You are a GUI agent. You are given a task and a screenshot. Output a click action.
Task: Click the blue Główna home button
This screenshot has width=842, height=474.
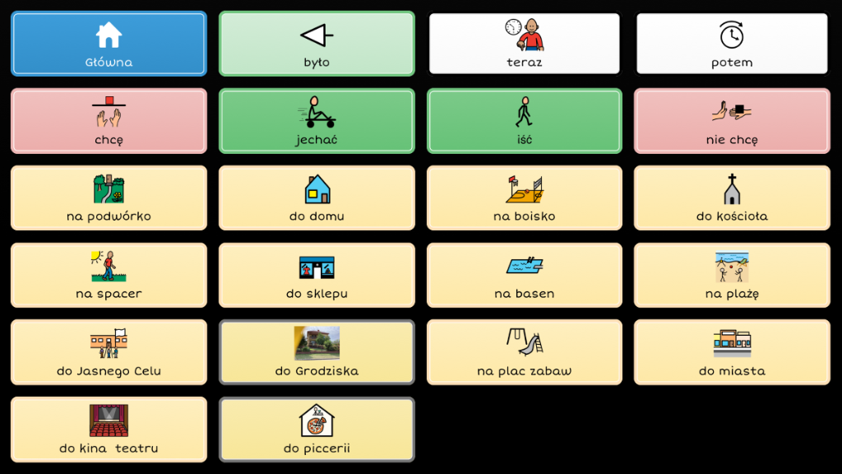coord(109,44)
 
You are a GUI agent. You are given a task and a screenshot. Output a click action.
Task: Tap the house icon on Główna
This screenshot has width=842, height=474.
coord(109,35)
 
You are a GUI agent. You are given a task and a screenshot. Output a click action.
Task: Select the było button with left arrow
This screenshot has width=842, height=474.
coord(317,44)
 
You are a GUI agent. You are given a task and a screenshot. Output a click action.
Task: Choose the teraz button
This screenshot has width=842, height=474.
coord(525,44)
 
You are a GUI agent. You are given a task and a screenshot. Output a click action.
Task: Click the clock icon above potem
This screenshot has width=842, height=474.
coord(731,35)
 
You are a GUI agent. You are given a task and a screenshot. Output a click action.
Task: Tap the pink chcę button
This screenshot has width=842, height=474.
coord(109,121)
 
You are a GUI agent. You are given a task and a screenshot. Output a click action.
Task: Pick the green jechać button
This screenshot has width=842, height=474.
coord(317,121)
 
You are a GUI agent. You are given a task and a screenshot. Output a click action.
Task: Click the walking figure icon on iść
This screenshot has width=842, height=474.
coord(524,111)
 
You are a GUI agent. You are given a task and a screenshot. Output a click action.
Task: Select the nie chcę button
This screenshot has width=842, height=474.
coord(732,121)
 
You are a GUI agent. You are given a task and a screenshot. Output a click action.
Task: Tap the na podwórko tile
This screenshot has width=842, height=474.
coord(109,198)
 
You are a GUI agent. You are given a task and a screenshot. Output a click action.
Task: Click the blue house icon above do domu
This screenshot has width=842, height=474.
coord(317,189)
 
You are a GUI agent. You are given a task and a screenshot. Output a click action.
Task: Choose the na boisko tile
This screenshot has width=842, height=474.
coord(525,198)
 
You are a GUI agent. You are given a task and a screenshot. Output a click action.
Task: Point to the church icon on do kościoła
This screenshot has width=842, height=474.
coord(731,189)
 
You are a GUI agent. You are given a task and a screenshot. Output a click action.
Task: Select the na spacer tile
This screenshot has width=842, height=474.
coord(109,276)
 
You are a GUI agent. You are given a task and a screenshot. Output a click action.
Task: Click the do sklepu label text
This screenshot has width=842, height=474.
coord(317,294)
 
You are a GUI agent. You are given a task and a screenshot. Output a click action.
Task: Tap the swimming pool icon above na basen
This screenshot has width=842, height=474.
coord(525,266)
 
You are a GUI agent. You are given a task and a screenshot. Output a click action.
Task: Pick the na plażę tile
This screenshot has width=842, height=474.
coord(732,276)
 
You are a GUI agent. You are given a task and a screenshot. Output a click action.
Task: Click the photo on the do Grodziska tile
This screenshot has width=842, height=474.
coord(317,343)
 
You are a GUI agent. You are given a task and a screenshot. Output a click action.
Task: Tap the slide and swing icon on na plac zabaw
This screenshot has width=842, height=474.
coord(525,342)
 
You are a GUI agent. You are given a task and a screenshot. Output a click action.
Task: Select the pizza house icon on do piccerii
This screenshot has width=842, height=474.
coord(317,420)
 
